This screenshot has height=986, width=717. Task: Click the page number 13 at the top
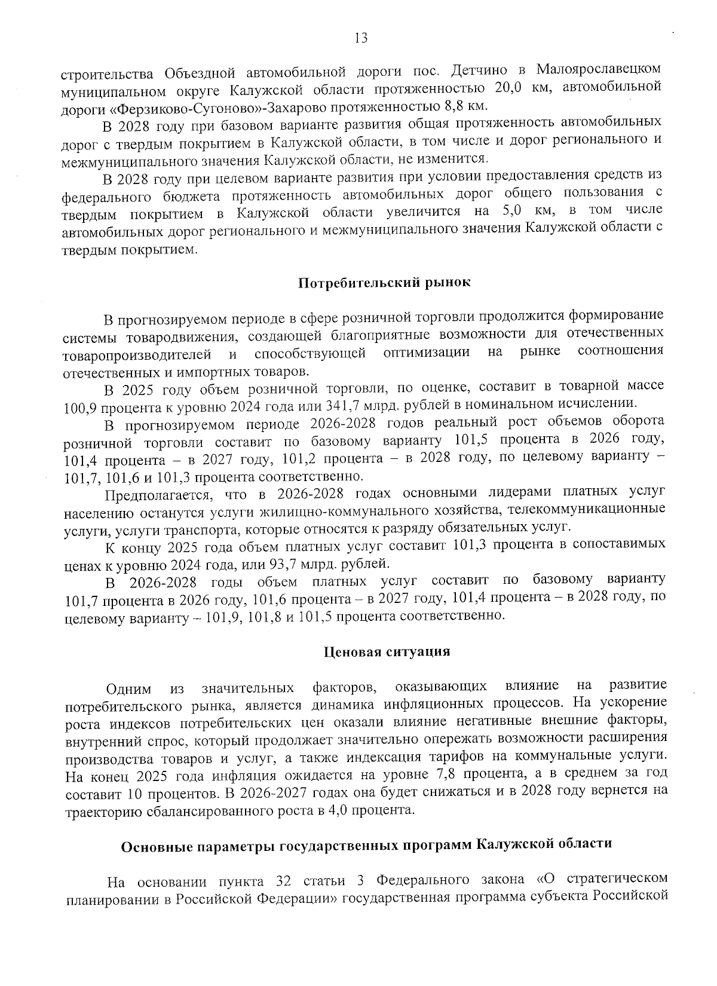361,39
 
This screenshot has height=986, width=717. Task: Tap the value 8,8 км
468,106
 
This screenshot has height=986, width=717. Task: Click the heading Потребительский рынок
385,283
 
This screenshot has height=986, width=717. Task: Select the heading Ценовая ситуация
387,651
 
